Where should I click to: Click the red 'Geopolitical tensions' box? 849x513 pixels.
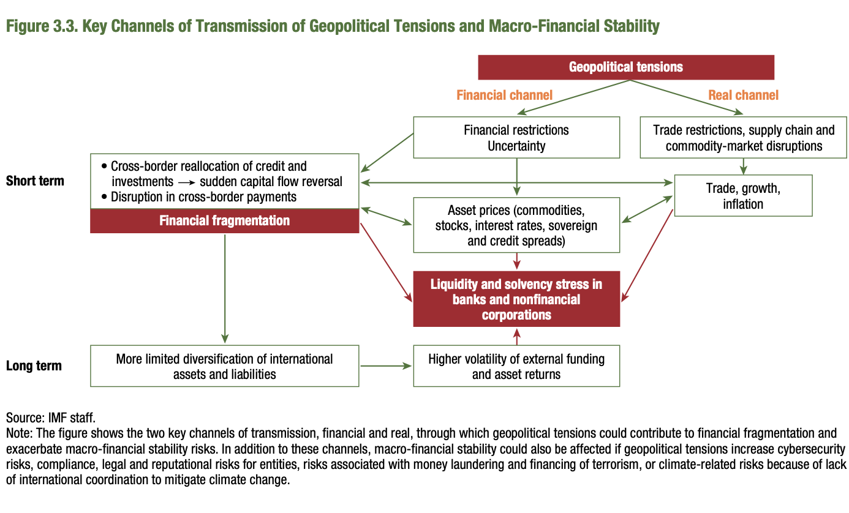625,67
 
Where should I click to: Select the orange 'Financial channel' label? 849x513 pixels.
504,95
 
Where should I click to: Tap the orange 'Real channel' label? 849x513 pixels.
743,95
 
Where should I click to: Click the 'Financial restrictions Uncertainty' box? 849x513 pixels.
516,138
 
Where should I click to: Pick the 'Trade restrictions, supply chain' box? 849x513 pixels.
744,138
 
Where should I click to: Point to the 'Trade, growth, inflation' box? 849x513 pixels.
742,195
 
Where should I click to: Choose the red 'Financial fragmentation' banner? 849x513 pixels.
224,220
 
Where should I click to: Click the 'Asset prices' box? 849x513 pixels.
516,225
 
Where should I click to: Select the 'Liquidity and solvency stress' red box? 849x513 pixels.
516,299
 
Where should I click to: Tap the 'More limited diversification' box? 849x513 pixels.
224,366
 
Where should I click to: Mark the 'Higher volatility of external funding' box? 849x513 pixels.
516,366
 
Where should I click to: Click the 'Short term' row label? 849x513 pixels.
35,181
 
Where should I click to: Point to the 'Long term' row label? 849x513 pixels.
34,366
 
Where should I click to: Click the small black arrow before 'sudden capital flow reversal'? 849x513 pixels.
186,182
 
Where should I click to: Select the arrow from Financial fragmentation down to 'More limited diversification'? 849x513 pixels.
225,288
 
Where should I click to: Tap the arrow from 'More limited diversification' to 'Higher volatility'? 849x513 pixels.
386,366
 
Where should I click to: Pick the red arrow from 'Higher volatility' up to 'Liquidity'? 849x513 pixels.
516,336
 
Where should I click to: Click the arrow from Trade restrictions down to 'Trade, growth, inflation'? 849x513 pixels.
744,165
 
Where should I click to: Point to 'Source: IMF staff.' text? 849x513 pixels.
51,418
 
